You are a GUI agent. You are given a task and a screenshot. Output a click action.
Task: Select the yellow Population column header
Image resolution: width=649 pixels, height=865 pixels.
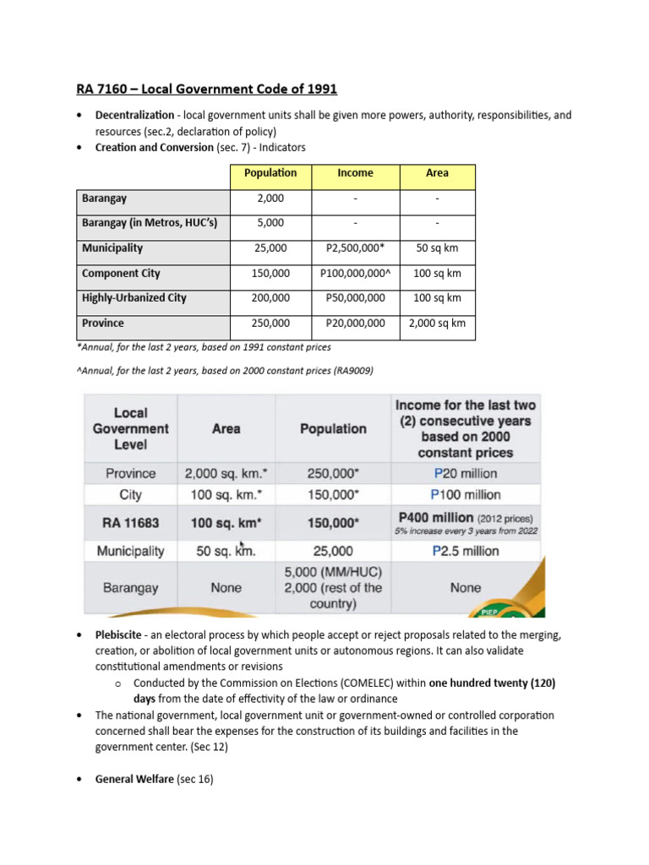(270, 173)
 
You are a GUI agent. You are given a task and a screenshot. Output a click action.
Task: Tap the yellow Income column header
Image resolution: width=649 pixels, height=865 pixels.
(355, 173)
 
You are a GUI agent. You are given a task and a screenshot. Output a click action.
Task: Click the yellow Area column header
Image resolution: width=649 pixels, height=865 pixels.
(437, 173)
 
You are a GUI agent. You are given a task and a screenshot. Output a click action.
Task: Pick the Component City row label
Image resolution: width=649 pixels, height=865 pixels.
(121, 274)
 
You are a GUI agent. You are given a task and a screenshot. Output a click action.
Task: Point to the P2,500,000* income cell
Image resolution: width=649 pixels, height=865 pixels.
(355, 248)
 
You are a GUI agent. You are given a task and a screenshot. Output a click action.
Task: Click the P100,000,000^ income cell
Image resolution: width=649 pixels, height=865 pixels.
(355, 274)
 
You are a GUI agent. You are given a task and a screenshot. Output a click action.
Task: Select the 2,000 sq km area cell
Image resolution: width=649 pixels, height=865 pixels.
(437, 324)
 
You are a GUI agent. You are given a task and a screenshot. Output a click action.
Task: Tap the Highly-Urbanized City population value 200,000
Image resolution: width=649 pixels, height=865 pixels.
(270, 298)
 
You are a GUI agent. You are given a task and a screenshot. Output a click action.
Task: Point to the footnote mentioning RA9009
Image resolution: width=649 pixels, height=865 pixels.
(225, 371)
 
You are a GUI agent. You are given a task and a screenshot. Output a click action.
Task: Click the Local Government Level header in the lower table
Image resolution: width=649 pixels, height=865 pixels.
(130, 428)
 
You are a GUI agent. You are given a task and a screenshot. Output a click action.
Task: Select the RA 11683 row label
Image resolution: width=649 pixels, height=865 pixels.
(130, 523)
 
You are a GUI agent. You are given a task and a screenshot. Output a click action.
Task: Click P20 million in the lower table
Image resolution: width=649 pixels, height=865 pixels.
(465, 473)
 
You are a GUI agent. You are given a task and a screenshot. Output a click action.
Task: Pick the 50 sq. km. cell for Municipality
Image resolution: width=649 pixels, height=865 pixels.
(226, 551)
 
